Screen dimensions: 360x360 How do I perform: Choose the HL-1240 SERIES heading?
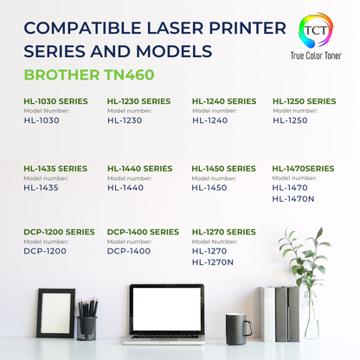coord(224,101)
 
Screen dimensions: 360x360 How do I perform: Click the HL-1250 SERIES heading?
coord(304,101)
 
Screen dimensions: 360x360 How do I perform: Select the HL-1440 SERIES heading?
coord(139,168)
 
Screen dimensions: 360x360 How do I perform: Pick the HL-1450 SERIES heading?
coord(224,168)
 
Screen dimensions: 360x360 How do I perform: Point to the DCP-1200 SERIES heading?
coord(60,232)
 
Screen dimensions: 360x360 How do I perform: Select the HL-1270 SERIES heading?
coord(224,232)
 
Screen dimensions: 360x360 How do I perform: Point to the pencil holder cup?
coord(87,326)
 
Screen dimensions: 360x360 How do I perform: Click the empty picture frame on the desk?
coord(55,312)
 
